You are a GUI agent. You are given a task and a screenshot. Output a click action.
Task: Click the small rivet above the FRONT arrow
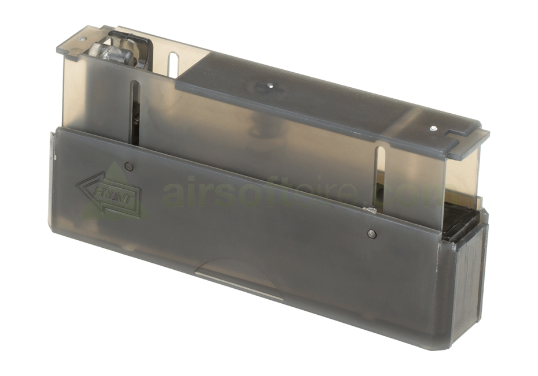coord(129,167)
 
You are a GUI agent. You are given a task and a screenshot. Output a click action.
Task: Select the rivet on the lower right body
coord(371,233)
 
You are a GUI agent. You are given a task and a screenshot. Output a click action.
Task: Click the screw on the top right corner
coord(433,129)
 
